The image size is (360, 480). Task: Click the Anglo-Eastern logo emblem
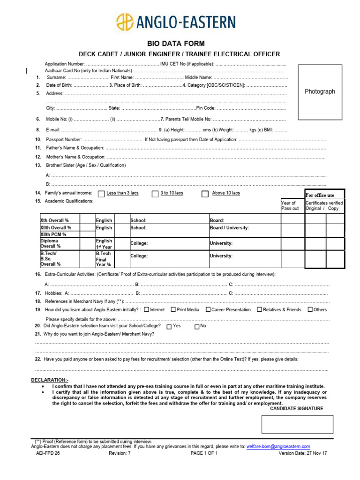[x=125, y=22]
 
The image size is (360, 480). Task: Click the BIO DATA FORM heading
[x=180, y=44]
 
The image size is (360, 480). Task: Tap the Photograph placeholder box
[x=320, y=92]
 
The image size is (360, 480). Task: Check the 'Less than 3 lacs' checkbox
[x=101, y=194]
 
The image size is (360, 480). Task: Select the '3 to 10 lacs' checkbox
[x=155, y=194]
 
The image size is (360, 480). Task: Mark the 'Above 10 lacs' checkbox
[x=205, y=194]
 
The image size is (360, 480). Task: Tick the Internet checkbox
[x=147, y=309]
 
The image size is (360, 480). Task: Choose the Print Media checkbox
[x=173, y=309]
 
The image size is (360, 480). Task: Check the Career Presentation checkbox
[x=208, y=309]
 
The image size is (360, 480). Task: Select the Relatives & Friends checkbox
[x=260, y=309]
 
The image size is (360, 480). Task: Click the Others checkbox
[x=310, y=309]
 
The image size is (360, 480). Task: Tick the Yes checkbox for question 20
[x=169, y=326]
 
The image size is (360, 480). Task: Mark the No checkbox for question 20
[x=197, y=326]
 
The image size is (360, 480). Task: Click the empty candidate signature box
[x=297, y=424]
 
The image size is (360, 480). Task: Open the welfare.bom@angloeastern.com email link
[x=278, y=447]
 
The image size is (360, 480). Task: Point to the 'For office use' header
[x=320, y=195]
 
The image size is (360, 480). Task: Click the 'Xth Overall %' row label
[x=55, y=220]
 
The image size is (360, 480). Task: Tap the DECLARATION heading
[x=50, y=380]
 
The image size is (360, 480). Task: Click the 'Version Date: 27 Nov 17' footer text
[x=303, y=454]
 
